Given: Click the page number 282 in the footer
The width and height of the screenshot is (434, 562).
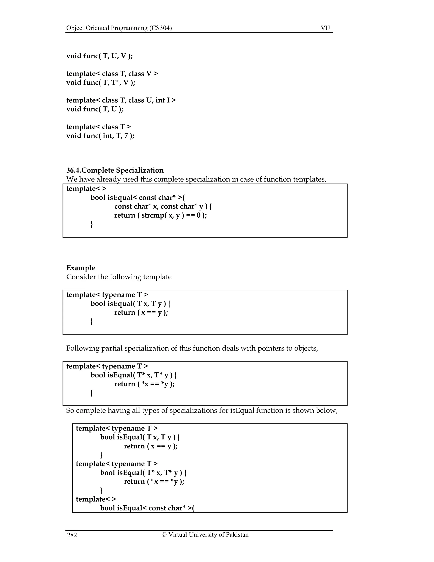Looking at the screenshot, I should (72, 535).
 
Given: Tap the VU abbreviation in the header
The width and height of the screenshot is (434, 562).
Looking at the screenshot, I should (325, 28).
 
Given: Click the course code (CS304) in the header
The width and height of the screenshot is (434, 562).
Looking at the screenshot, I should (160, 28).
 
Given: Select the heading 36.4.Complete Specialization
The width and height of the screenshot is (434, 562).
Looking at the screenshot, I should (115, 170).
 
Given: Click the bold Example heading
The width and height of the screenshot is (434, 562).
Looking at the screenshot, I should (81, 268).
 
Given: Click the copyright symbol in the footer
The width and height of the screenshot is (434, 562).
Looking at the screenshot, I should (164, 535).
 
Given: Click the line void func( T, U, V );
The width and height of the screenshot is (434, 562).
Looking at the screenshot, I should (100, 56).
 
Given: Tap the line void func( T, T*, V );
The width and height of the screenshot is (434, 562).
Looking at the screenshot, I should (100, 82).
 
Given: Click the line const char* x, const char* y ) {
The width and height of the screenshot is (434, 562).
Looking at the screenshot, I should (163, 206).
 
